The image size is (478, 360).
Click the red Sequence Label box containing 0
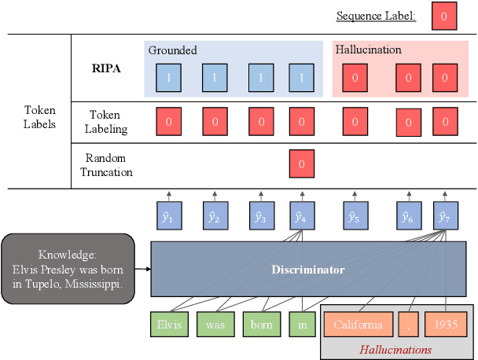[x=443, y=17]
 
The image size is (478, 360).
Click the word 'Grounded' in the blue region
[x=173, y=50]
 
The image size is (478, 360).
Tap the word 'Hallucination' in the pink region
[x=368, y=50]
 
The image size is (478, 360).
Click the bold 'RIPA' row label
[x=105, y=68]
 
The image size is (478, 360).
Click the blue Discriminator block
[x=308, y=270]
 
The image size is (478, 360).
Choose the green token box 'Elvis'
[x=168, y=325]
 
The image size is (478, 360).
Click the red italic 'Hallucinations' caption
[x=396, y=349]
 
